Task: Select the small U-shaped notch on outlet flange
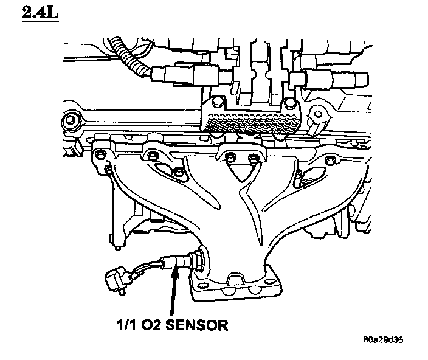click(233, 280)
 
